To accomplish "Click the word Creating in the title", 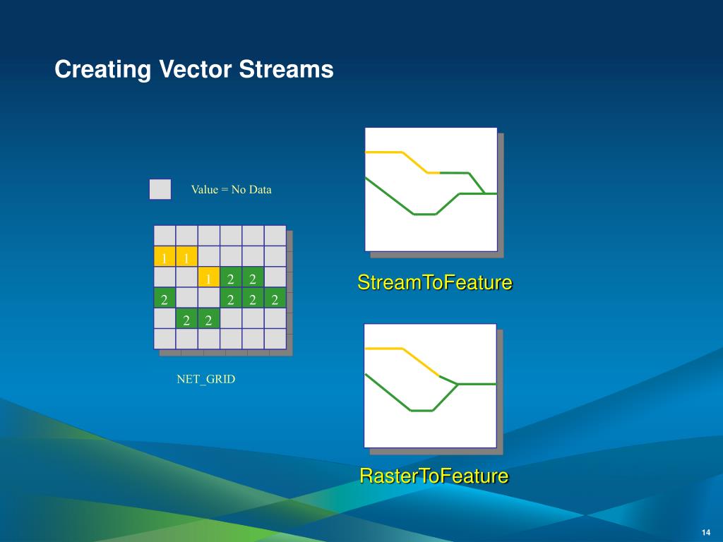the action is pyautogui.click(x=102, y=70).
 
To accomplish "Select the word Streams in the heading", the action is pyautogui.click(x=286, y=69).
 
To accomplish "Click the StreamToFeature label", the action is pyautogui.click(x=435, y=282).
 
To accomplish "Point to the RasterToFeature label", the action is pyautogui.click(x=434, y=476).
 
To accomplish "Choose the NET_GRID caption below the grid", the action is pyautogui.click(x=205, y=379).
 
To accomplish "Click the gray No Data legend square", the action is pyautogui.click(x=160, y=189).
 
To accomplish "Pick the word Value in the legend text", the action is pyautogui.click(x=204, y=189).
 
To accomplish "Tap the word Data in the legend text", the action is pyautogui.click(x=261, y=189).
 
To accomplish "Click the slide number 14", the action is pyautogui.click(x=706, y=532).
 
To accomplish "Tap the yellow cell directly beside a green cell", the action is pyautogui.click(x=209, y=277).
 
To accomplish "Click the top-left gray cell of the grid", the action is pyautogui.click(x=165, y=236).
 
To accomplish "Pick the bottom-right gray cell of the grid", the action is pyautogui.click(x=275, y=339).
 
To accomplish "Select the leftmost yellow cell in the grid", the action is pyautogui.click(x=165, y=257).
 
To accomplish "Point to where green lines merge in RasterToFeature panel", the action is pyautogui.click(x=458, y=384).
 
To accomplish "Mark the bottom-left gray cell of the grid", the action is pyautogui.click(x=165, y=339).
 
